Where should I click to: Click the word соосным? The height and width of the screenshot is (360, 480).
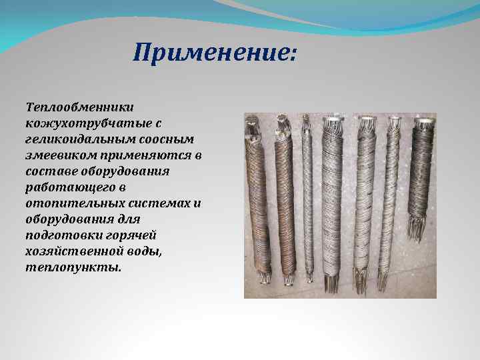point(169,139)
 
